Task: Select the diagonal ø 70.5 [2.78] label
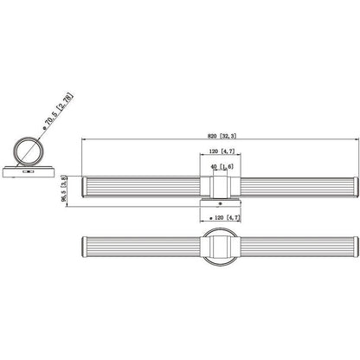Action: point(59,111)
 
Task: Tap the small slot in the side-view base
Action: point(29,171)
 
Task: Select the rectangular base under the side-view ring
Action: point(29,171)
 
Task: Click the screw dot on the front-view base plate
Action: point(220,203)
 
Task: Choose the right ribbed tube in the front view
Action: point(297,187)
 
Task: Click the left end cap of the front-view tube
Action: point(84,187)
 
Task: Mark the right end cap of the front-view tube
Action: point(357,187)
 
